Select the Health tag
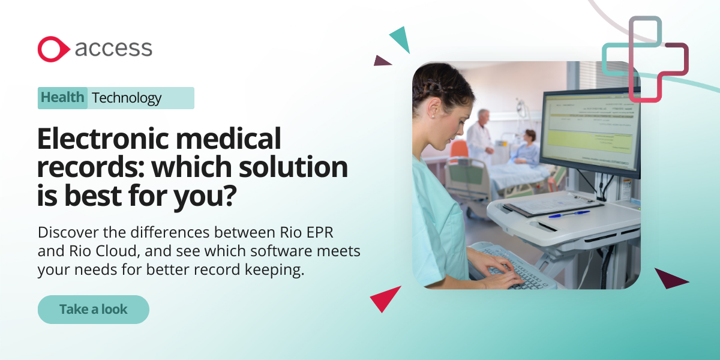tap(63, 98)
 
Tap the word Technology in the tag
tap(127, 98)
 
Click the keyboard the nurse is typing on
tap(510, 267)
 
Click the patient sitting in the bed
tap(528, 147)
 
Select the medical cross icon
tap(646, 59)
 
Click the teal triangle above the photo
tap(401, 39)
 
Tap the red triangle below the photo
tap(385, 298)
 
